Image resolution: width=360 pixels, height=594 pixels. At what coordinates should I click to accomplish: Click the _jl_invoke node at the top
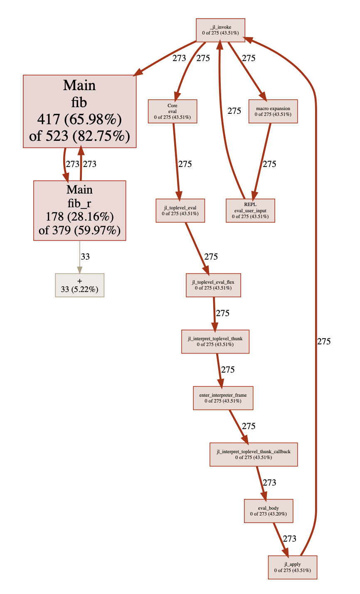(x=220, y=30)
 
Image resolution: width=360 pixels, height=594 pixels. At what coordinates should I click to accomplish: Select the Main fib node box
(x=79, y=111)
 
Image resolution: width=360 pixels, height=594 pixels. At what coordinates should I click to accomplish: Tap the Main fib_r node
(x=79, y=210)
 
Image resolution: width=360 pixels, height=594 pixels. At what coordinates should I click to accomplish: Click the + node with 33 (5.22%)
(x=79, y=285)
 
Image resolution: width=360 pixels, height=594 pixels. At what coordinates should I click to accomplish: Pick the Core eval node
(x=173, y=111)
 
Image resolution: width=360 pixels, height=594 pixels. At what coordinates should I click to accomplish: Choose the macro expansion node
(x=273, y=111)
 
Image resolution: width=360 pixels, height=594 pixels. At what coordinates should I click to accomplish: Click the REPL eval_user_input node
(x=250, y=211)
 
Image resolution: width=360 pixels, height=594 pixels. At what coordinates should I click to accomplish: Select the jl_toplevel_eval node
(x=180, y=211)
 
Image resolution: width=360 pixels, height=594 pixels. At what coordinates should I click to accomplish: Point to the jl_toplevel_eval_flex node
(x=213, y=285)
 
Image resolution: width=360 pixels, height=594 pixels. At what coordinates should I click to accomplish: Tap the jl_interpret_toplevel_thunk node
(x=215, y=341)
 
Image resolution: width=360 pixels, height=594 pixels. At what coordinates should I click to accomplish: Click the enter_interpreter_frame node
(x=223, y=398)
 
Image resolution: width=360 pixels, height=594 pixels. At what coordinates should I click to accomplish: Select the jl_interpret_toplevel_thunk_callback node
(x=253, y=454)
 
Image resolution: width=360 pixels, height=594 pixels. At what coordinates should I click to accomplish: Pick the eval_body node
(x=268, y=511)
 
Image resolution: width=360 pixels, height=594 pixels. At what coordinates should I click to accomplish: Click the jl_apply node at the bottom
(x=292, y=567)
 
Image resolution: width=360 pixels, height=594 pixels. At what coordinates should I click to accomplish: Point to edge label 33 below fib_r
(x=85, y=257)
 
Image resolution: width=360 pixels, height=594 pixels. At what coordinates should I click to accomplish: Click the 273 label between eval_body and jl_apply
(x=289, y=539)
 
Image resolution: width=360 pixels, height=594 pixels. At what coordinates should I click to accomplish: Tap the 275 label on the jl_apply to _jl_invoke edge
(x=324, y=341)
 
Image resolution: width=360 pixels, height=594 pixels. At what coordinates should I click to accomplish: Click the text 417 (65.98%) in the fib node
(x=79, y=120)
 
